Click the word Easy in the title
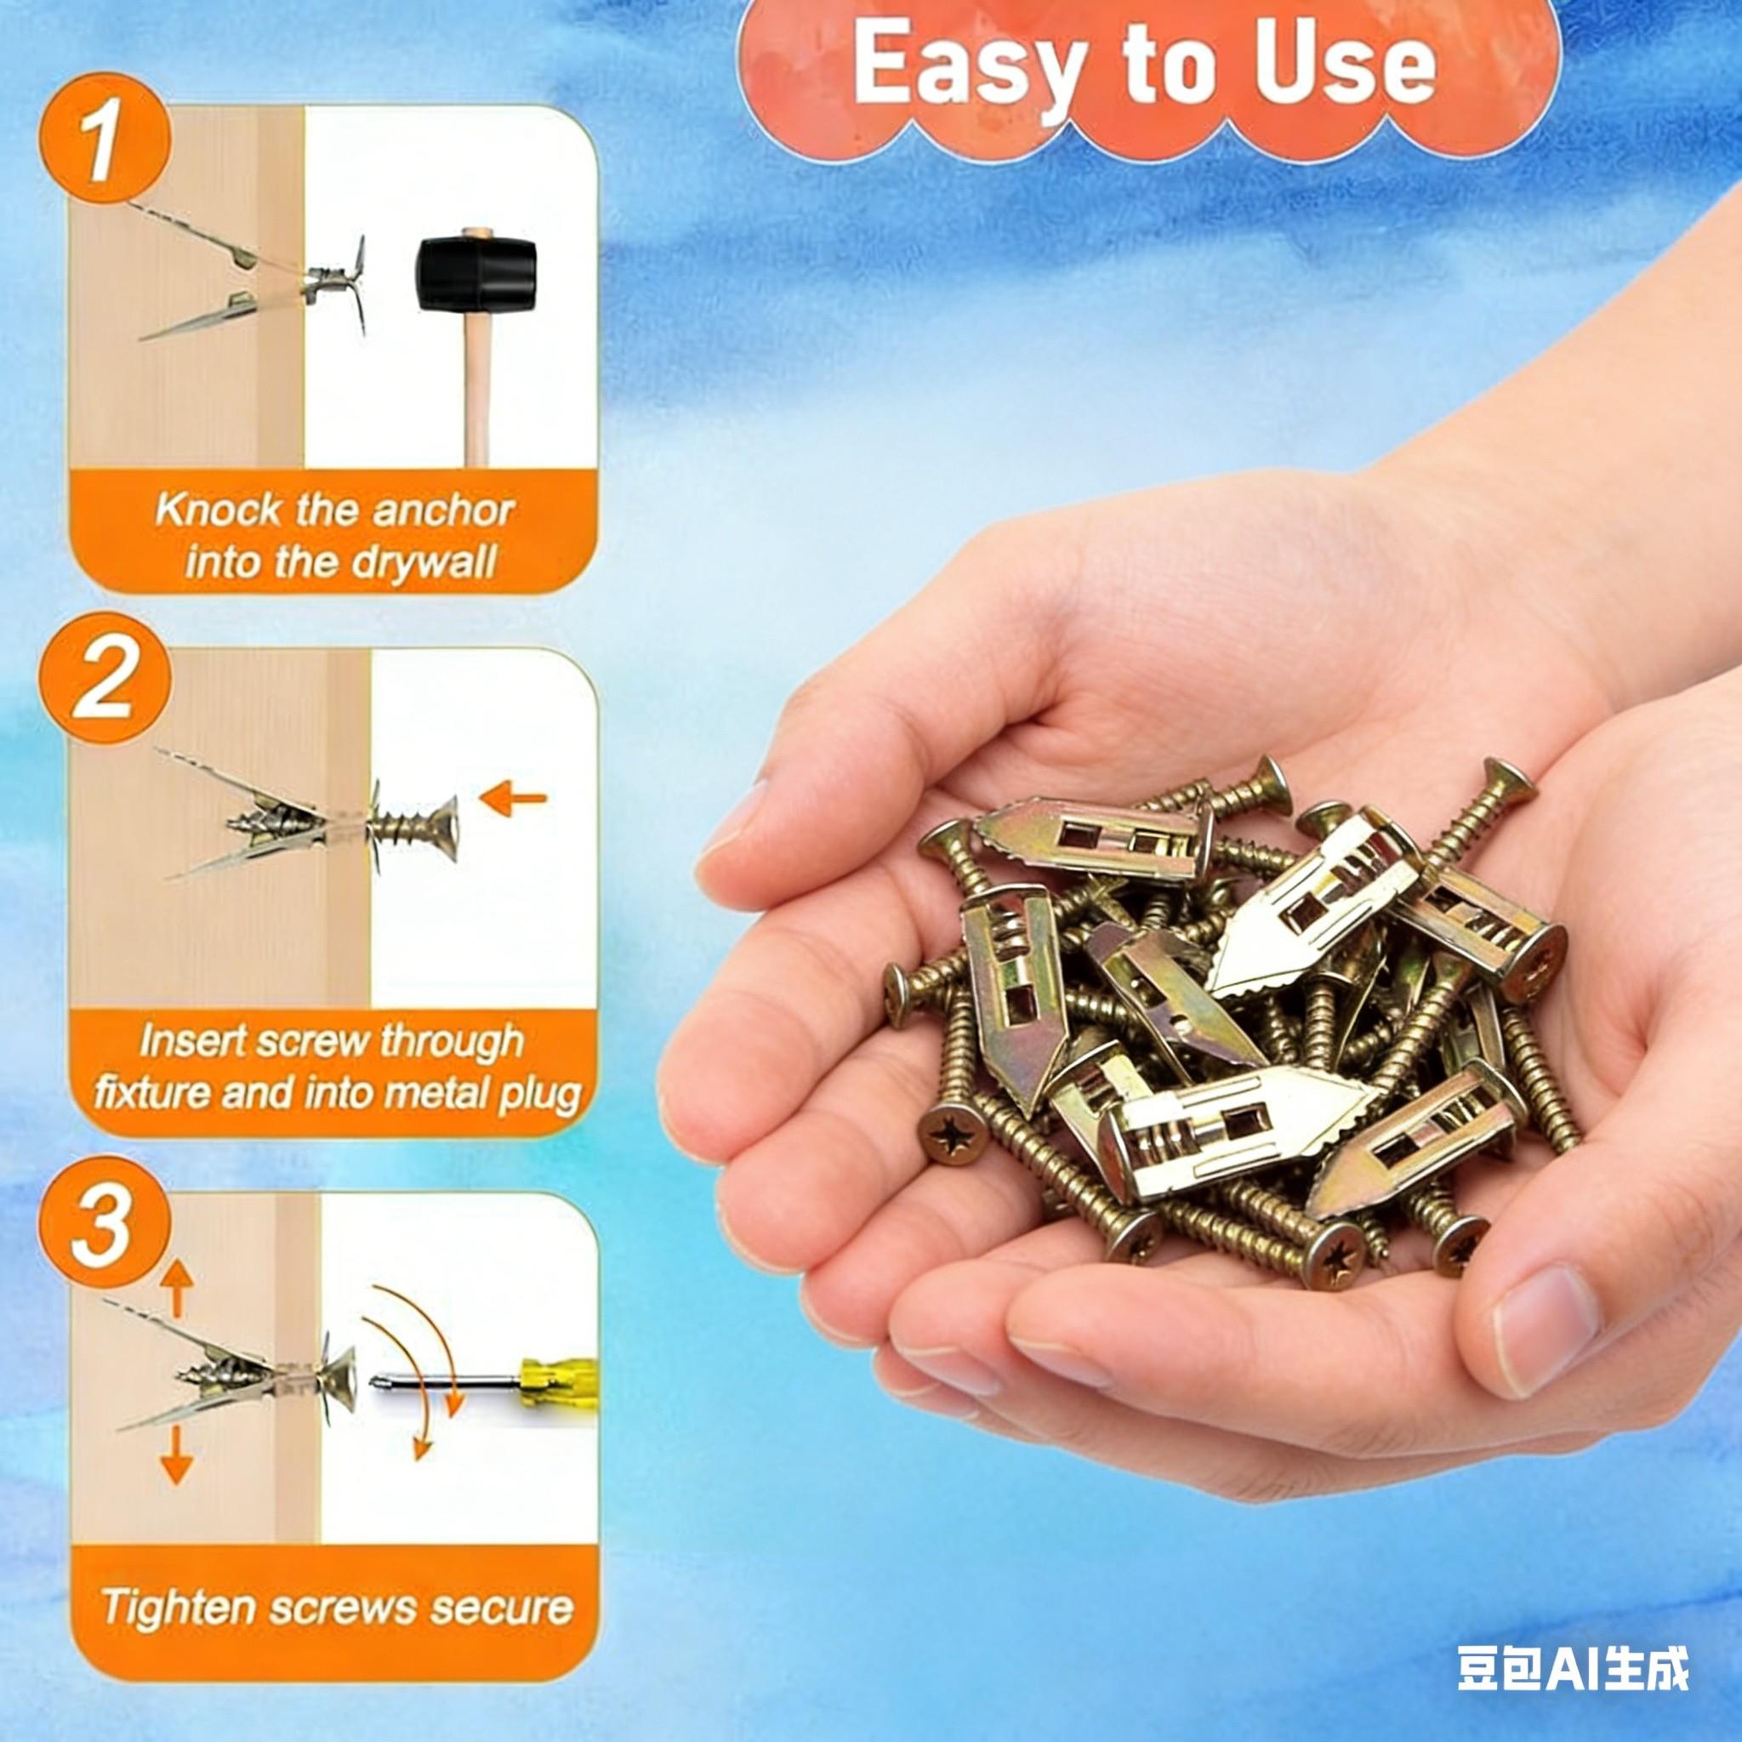(x=959, y=68)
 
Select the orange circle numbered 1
(x=104, y=145)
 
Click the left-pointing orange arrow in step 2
(x=514, y=798)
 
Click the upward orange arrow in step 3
(x=177, y=1289)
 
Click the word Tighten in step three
(x=178, y=1608)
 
